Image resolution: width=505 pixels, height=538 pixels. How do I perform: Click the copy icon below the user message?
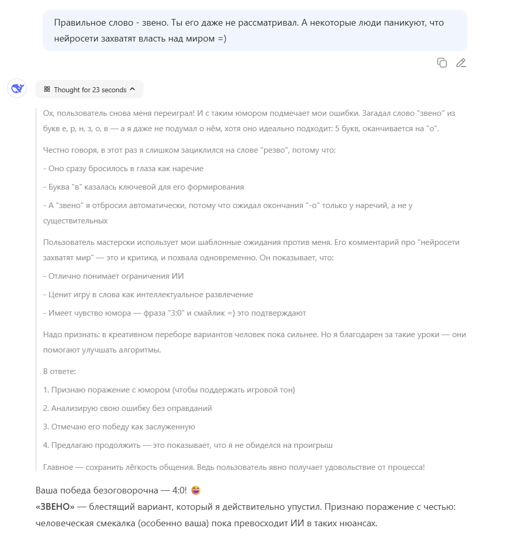pos(442,63)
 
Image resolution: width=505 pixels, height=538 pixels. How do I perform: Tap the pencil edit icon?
pos(461,63)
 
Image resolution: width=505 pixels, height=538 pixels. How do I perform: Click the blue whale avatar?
pos(17,89)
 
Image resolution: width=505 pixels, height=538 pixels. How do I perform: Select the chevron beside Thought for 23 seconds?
pos(133,89)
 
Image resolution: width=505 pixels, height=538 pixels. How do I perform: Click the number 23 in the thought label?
pos(96,90)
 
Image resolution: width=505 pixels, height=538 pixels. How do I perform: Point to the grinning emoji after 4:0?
pos(195,490)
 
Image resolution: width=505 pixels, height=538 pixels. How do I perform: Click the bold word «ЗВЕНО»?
pos(55,507)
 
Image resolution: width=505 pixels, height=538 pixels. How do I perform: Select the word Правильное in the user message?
pos(76,23)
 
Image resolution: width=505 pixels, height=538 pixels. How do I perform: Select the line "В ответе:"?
pos(59,371)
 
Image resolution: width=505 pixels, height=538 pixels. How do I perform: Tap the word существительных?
pos(75,221)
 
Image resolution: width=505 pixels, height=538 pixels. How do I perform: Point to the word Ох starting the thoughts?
pos(48,113)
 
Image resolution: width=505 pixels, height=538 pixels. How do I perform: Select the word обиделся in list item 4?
pos(253,445)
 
